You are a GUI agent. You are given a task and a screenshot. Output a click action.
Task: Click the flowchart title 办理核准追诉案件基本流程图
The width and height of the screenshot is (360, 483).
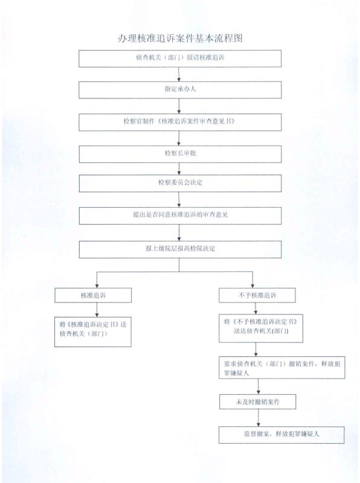pos(181,38)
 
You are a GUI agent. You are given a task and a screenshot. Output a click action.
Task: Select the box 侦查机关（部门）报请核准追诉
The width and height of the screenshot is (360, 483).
pos(180,59)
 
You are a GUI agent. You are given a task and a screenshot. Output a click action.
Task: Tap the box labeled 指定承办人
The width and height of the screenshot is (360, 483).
pos(180,90)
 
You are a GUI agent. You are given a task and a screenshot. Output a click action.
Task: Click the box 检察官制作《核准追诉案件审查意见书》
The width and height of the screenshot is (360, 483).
pos(180,123)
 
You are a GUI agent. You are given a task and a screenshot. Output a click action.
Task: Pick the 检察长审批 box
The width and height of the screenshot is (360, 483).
pos(181,154)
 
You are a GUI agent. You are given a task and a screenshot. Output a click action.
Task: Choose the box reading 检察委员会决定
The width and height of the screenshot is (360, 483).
pos(181,184)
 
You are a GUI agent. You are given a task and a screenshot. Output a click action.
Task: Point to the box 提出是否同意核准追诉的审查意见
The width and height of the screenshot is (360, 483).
pos(181,216)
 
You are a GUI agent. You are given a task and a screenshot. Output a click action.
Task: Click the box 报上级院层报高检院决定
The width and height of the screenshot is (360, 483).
pos(181,249)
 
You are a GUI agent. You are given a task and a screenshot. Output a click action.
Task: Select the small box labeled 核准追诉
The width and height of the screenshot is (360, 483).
pos(93,295)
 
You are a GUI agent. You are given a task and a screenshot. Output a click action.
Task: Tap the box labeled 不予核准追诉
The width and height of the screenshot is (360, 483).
pos(257,295)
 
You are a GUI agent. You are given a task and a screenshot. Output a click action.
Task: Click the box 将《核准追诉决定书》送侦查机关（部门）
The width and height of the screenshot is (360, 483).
pos(93,332)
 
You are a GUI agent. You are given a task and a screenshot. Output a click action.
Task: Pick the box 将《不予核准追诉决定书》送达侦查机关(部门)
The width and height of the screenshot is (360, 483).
pos(261,328)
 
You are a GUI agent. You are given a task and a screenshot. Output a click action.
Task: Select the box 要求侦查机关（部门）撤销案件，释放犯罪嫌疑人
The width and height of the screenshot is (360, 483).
pos(282,368)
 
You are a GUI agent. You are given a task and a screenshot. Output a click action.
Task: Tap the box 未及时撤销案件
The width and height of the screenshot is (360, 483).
pos(258,402)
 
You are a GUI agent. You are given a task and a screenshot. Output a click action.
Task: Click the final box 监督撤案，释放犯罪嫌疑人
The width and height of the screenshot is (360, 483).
pos(281,435)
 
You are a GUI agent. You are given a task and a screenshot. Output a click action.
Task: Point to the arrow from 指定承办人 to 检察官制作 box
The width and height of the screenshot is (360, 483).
pos(179,106)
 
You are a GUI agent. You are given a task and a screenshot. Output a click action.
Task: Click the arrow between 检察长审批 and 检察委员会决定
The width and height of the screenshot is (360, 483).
pos(179,169)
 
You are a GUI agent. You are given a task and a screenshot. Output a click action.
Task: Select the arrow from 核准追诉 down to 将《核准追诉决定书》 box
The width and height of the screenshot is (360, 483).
pos(97,310)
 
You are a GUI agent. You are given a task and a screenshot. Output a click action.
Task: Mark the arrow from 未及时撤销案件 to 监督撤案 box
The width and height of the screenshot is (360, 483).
pos(259,418)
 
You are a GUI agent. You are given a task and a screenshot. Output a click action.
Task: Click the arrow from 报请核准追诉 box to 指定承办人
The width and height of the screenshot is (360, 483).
pos(179,74)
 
